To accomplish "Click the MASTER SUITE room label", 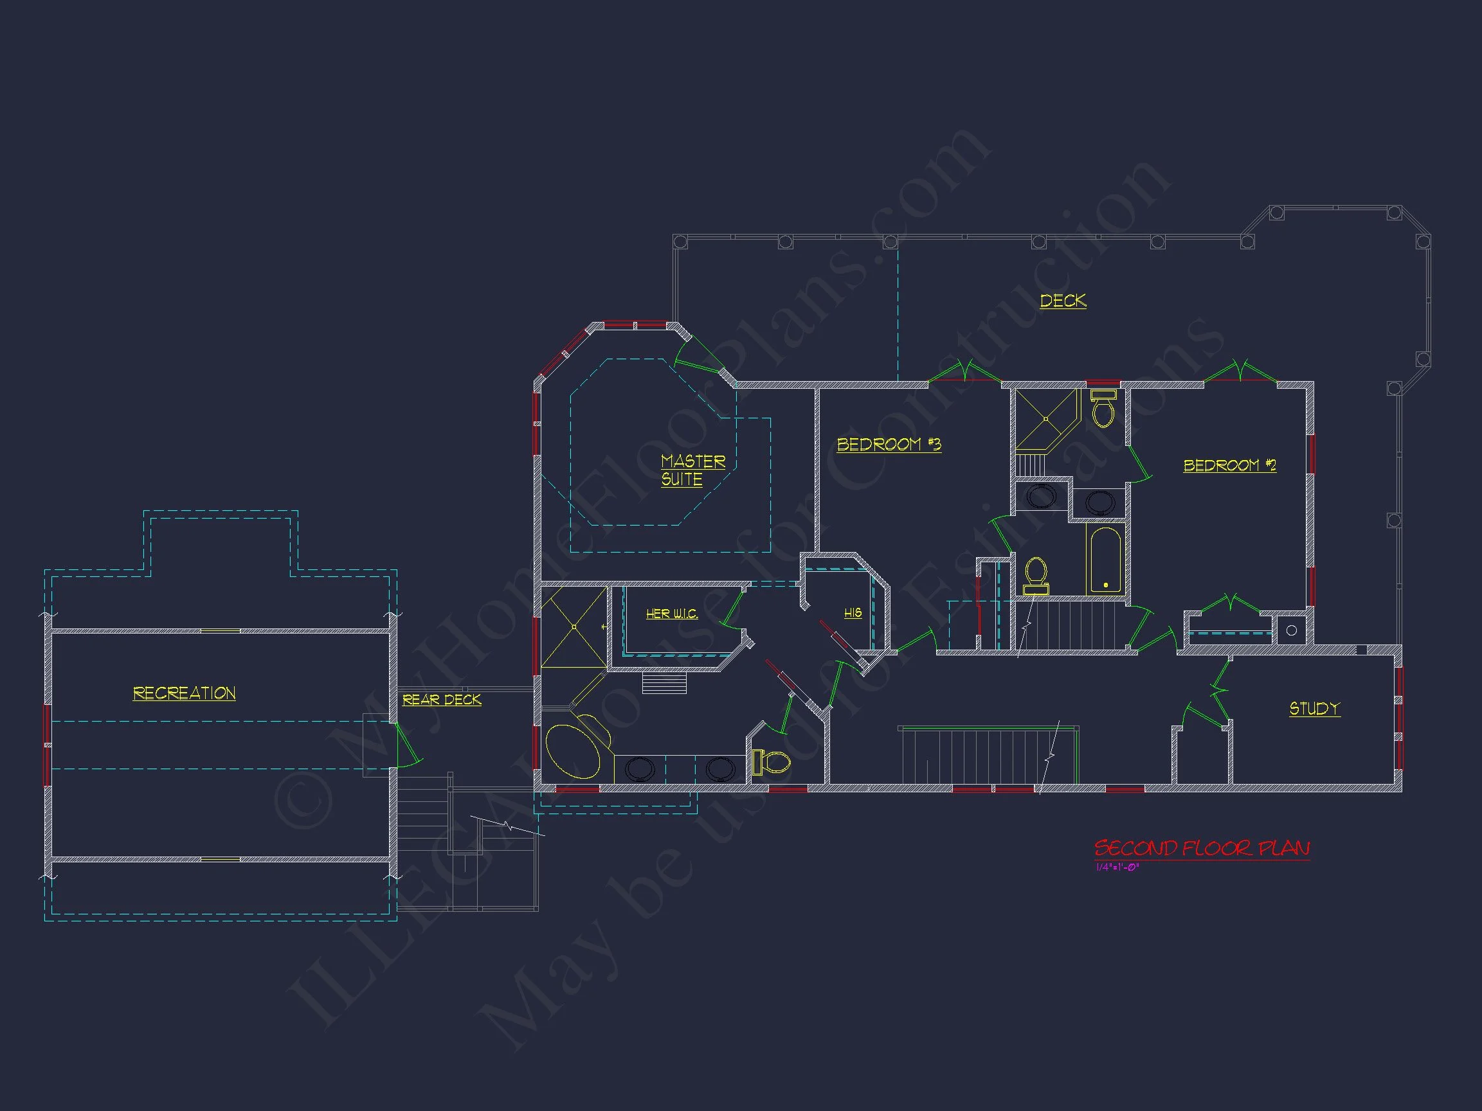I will coord(692,470).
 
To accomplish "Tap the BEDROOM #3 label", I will coord(889,445).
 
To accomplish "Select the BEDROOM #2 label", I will coord(1229,465).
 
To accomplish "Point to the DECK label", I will coord(1063,301).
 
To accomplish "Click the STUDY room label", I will coord(1314,709).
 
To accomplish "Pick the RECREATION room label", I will coord(185,693).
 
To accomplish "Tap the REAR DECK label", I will coord(442,700).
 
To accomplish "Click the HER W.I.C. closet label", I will coord(671,614).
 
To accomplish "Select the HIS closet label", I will coord(852,613).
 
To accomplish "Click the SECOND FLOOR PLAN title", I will coord(1201,848).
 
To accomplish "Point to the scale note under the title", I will coord(1117,867).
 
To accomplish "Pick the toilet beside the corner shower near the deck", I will coord(1103,409).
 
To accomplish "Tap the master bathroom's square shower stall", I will coord(574,627).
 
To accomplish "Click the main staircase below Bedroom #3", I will coord(985,756).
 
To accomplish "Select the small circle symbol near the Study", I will coord(1291,630).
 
